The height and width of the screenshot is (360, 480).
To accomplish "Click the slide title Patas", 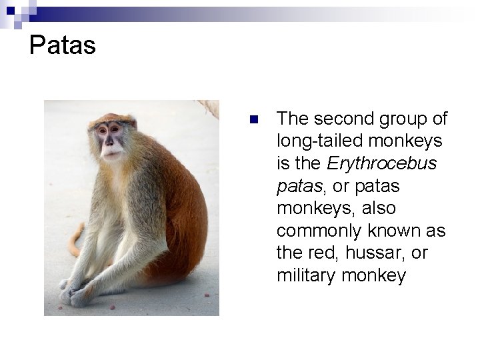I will (63, 46).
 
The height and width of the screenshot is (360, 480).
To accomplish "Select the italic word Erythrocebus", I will (382, 163).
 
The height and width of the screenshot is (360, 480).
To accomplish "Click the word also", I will (379, 208).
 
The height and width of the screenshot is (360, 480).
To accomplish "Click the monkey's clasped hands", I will (75, 292).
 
